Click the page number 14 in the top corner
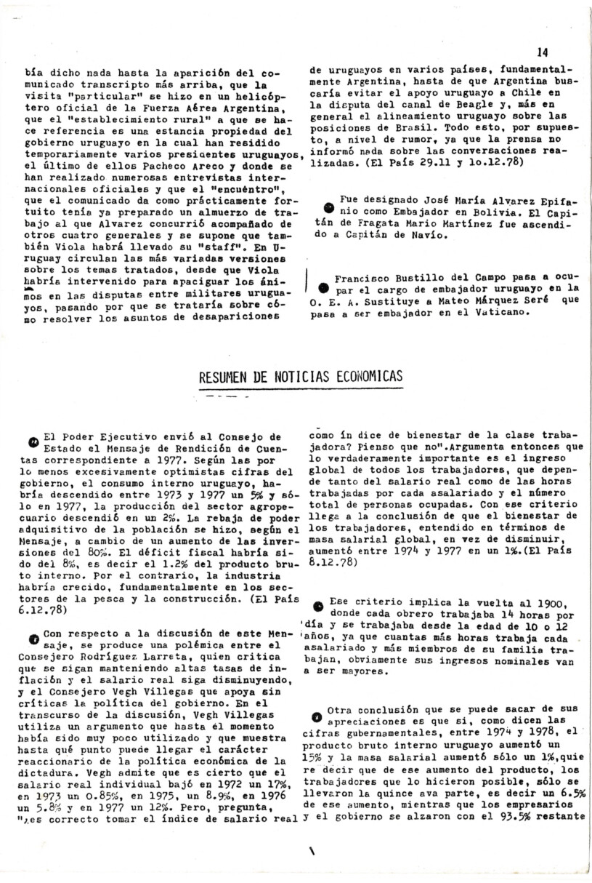[543, 52]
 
